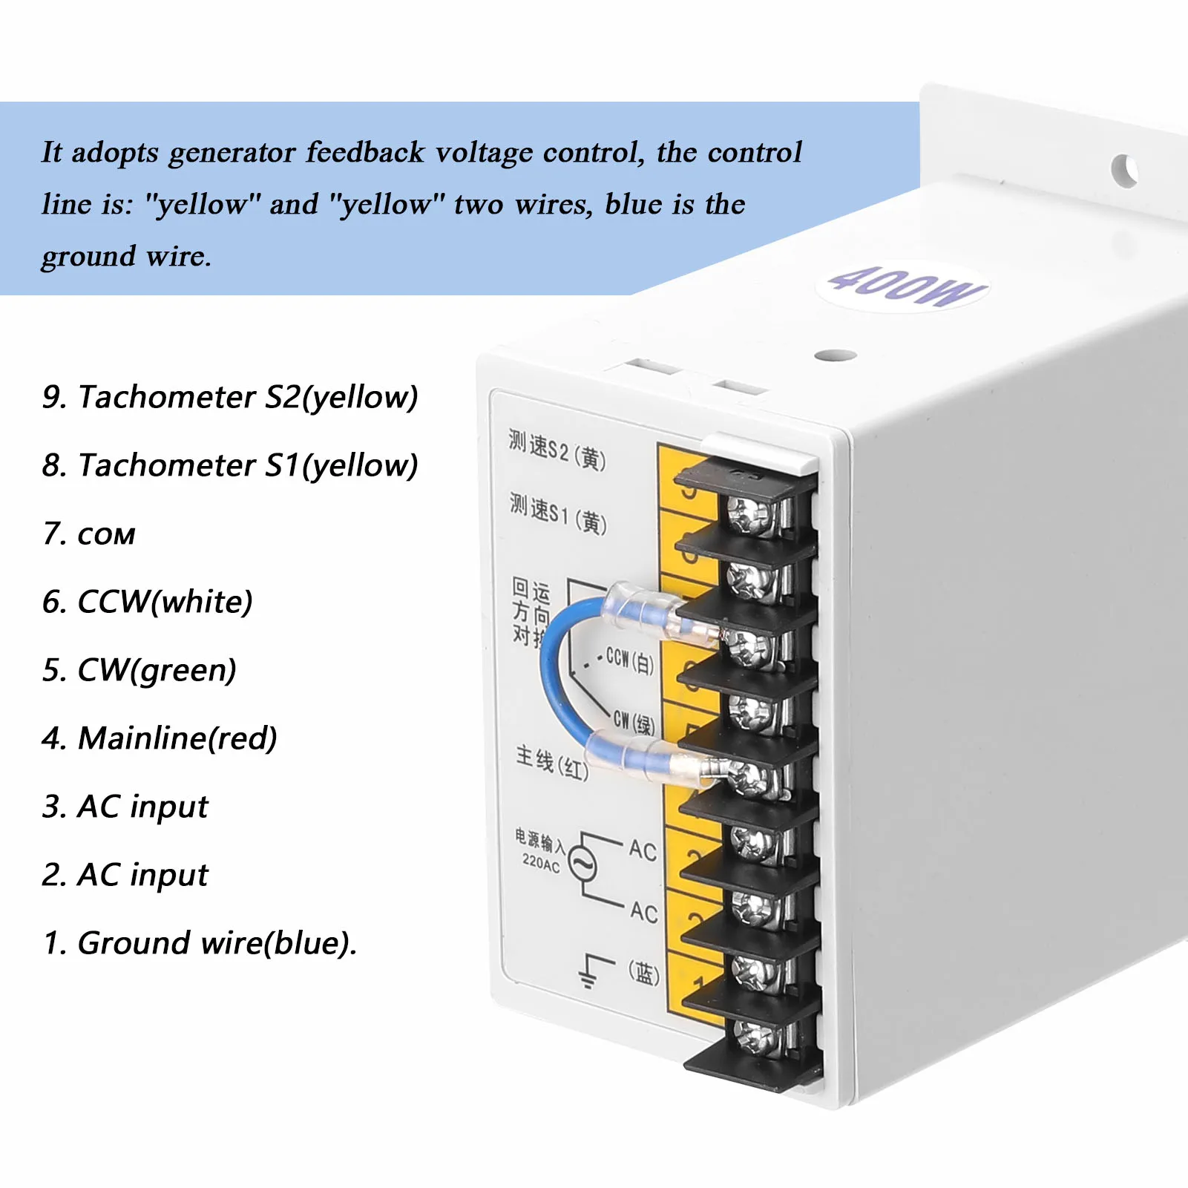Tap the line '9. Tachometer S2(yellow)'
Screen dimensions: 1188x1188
click(230, 397)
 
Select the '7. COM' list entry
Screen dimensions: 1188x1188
click(89, 534)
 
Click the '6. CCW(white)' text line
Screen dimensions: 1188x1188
click(148, 602)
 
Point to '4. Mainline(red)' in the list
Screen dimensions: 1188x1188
click(160, 738)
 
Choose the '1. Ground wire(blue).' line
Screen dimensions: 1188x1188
click(200, 943)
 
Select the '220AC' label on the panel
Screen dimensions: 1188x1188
click(541, 862)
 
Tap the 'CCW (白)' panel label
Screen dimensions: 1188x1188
click(629, 660)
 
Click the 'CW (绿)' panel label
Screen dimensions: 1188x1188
click(633, 722)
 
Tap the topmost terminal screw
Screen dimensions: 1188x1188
click(749, 514)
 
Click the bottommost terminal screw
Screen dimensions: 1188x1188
click(757, 1036)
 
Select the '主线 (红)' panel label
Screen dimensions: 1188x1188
click(552, 763)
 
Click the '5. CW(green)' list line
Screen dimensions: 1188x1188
click(140, 670)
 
